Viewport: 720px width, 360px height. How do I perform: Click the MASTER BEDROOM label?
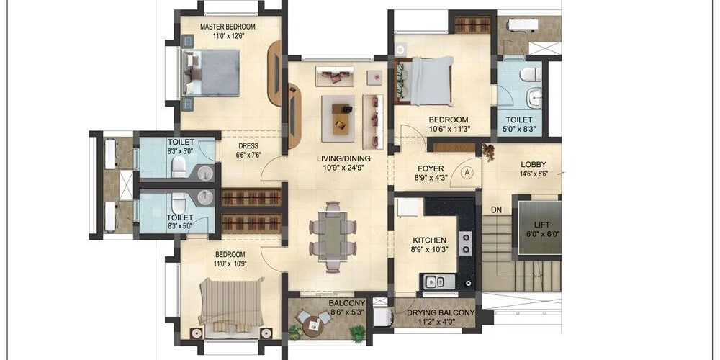pyautogui.click(x=228, y=27)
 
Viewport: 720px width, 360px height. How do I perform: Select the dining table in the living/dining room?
pyautogui.click(x=333, y=236)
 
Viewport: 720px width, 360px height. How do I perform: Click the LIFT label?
pyautogui.click(x=541, y=225)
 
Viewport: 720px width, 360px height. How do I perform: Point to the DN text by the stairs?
pyautogui.click(x=496, y=210)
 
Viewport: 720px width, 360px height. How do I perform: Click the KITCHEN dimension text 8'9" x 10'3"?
pyautogui.click(x=429, y=249)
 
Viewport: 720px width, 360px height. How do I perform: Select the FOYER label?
pyautogui.click(x=431, y=168)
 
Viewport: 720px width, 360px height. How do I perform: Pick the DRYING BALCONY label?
pyautogui.click(x=441, y=312)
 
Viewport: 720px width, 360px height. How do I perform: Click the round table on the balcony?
pyautogui.click(x=314, y=324)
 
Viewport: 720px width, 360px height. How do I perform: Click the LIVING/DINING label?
pyautogui.click(x=343, y=159)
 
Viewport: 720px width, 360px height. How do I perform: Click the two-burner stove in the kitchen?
pyautogui.click(x=466, y=243)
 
